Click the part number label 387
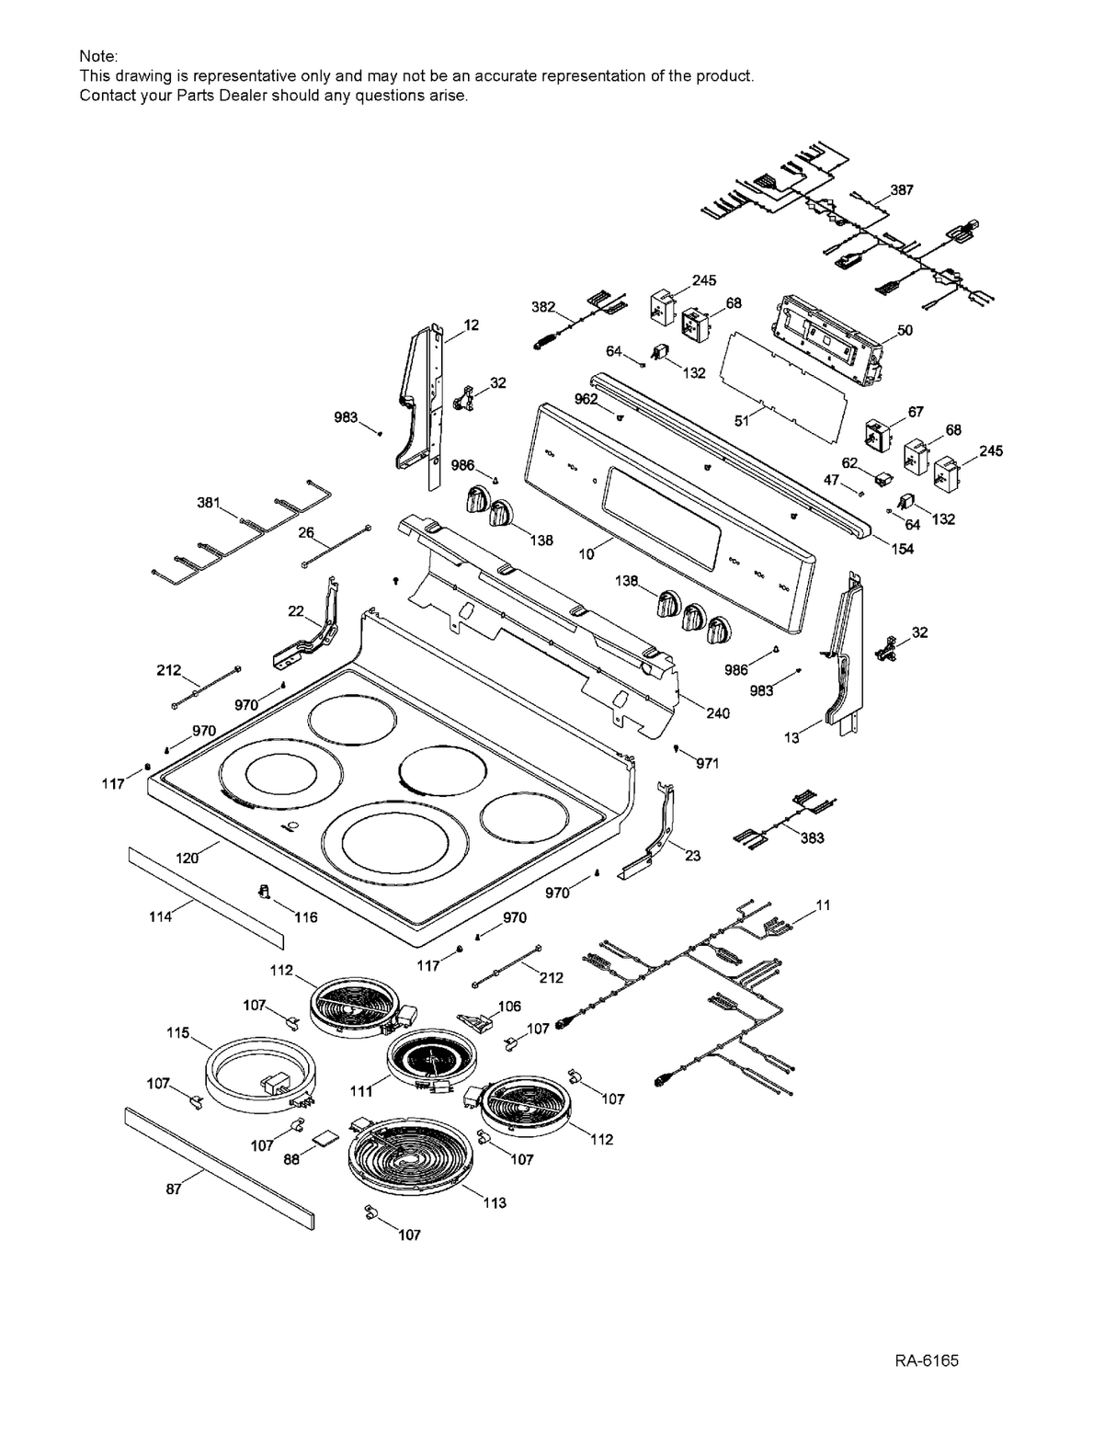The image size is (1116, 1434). click(x=902, y=189)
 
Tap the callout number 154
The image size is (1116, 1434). click(x=903, y=549)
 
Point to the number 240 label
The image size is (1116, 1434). click(x=718, y=713)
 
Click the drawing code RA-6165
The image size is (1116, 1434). click(x=926, y=1360)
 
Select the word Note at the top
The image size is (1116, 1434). click(x=98, y=57)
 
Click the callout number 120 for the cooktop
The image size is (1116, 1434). click(x=188, y=858)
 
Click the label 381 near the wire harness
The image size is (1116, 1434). click(x=209, y=503)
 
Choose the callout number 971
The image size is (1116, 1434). click(x=707, y=764)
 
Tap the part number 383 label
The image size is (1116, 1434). click(x=812, y=838)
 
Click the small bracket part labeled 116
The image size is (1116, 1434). click(x=264, y=892)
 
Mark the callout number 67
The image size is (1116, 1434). click(x=916, y=412)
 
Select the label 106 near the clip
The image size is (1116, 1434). click(x=508, y=1007)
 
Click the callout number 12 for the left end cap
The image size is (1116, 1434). click(x=471, y=324)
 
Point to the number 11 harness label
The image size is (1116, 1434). click(x=823, y=905)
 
